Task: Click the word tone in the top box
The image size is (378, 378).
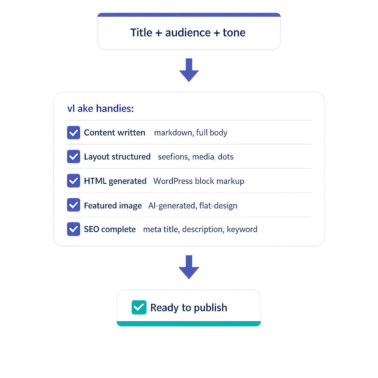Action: (x=234, y=32)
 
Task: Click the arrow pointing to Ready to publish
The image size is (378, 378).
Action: (x=189, y=267)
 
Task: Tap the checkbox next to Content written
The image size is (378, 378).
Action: (x=73, y=133)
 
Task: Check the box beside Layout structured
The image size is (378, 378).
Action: (x=73, y=157)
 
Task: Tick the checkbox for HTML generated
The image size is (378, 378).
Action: (x=73, y=181)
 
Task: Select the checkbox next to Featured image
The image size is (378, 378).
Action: (x=73, y=205)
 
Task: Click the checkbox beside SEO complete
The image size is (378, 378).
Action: (x=73, y=229)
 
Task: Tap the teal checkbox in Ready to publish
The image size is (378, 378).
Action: (x=139, y=307)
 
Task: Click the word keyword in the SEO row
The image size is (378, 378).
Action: (x=242, y=229)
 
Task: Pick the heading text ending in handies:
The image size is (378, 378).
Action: (x=100, y=109)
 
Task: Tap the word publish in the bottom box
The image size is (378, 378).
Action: (x=210, y=308)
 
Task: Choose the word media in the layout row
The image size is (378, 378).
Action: (x=204, y=157)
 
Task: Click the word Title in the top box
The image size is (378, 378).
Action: (x=141, y=32)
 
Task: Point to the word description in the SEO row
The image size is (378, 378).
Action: (x=202, y=229)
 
